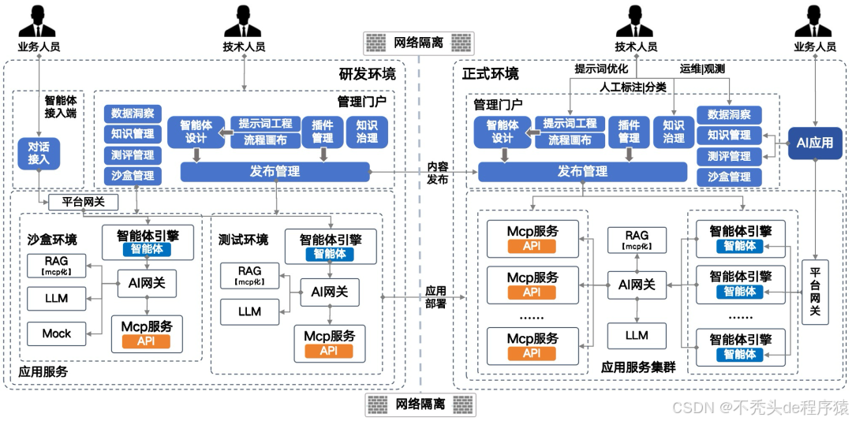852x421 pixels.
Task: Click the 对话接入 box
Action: pyautogui.click(x=39, y=152)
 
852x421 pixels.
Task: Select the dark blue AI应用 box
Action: pyautogui.click(x=815, y=143)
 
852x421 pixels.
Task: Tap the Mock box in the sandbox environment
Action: pyautogui.click(x=57, y=333)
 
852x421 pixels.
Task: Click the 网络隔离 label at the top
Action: pyautogui.click(x=419, y=39)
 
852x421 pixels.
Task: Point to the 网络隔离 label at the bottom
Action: pyautogui.click(x=419, y=404)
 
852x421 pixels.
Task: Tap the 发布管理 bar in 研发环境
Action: pyautogui.click(x=275, y=171)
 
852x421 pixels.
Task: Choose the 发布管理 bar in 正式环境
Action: pyautogui.click(x=582, y=172)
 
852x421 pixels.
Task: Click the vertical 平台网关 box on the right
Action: pyautogui.click(x=815, y=292)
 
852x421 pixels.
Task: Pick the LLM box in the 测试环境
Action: pyautogui.click(x=249, y=311)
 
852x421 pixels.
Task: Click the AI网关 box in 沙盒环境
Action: pyautogui.click(x=147, y=281)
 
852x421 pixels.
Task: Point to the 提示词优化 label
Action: pyautogui.click(x=601, y=69)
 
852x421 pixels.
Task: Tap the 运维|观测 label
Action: pyautogui.click(x=702, y=69)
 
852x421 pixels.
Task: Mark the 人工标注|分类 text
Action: pyautogui.click(x=633, y=87)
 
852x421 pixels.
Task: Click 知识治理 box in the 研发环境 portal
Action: pyautogui.click(x=367, y=131)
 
